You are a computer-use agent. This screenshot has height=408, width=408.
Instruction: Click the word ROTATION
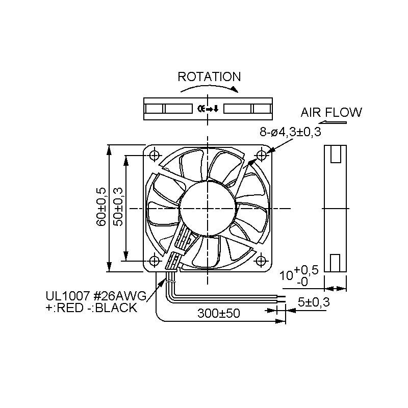pos(209,77)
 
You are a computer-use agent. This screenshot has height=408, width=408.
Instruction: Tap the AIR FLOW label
pos(331,112)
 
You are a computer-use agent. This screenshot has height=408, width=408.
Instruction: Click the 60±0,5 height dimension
pos(101,207)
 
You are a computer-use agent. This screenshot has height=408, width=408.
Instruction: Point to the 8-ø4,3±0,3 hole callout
pos(290,132)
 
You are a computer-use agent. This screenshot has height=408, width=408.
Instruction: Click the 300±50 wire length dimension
pos(219,313)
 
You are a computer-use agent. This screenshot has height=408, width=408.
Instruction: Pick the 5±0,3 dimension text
pos(314,302)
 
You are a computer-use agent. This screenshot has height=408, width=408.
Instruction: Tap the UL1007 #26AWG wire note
pos(96,296)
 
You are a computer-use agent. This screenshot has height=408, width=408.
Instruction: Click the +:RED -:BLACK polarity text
pos(91,308)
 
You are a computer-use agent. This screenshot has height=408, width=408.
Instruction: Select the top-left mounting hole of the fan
pos(155,156)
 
